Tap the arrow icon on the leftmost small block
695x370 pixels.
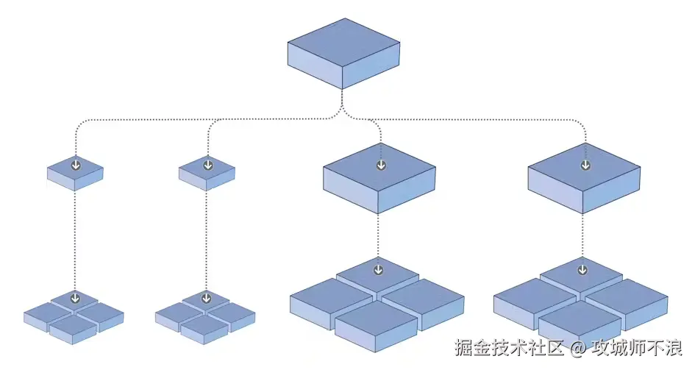pos(75,165)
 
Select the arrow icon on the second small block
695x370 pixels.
pos(207,165)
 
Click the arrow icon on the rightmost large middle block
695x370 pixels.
pos(585,165)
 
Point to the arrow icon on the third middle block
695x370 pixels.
pos(380,165)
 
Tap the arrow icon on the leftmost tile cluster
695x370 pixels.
pos(74,299)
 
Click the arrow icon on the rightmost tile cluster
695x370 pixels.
pos(583,270)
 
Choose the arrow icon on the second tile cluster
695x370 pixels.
pos(206,299)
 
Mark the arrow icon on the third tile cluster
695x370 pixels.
pos(378,270)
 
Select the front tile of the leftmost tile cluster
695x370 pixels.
pos(74,325)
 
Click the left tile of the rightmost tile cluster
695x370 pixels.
pos(534,296)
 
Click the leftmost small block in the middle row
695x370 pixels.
pos(75,174)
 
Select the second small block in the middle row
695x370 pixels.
pos(207,174)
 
